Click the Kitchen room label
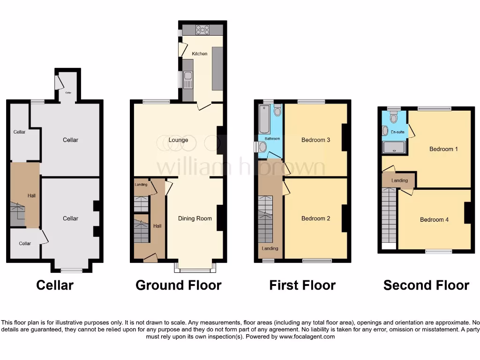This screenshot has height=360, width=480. [200, 54]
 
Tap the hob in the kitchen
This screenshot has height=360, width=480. [202, 30]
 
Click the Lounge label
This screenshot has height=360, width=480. [178, 140]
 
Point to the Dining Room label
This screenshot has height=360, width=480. [195, 218]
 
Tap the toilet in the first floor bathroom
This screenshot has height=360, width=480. [277, 110]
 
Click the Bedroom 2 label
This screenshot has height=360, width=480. [316, 218]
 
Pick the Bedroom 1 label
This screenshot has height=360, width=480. [443, 150]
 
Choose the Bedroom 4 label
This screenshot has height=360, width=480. [434, 220]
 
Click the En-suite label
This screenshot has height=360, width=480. [397, 132]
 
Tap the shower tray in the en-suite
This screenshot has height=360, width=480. [394, 148]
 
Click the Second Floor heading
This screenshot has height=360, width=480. [426, 285]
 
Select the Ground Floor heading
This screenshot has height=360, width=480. [179, 285]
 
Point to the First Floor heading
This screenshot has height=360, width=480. [302, 285]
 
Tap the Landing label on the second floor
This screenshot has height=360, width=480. [400, 180]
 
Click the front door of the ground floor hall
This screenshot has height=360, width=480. [150, 257]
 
